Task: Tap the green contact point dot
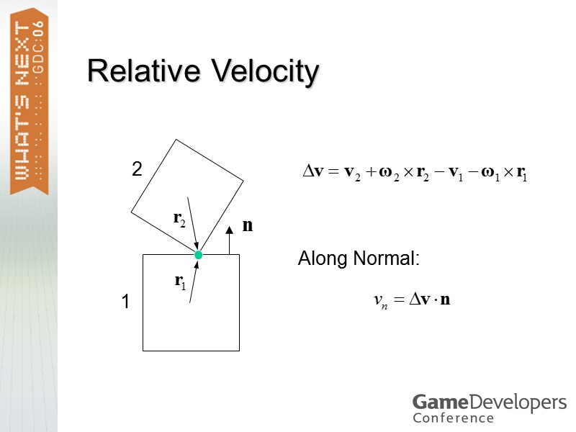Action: click(x=198, y=255)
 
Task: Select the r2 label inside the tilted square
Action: click(x=179, y=220)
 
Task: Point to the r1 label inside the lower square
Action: click(x=180, y=282)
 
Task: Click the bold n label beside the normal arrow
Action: click(x=248, y=225)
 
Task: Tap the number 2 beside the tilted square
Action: click(x=136, y=169)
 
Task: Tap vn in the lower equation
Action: click(x=381, y=300)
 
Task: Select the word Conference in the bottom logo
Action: click(x=453, y=418)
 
